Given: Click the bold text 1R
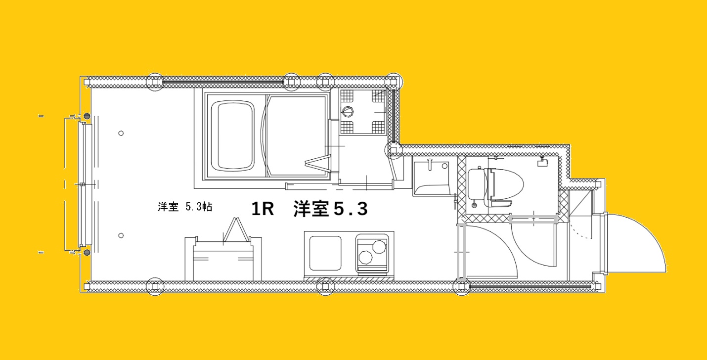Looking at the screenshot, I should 263,209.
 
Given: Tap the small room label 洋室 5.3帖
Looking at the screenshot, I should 185,207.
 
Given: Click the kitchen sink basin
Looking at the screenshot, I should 325,253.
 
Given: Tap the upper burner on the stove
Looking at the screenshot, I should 379,245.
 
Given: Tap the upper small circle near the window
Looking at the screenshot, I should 121,133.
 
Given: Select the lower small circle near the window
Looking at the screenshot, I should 121,235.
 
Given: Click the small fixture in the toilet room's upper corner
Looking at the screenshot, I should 541,161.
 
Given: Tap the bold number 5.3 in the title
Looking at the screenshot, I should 350,209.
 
